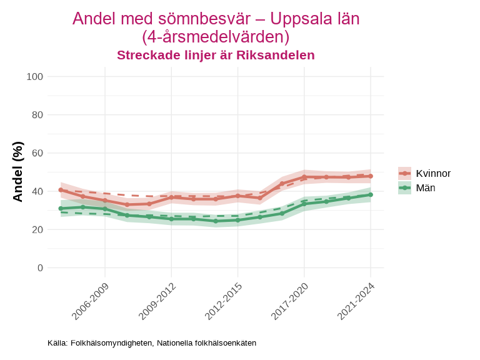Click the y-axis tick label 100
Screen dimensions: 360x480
pyautogui.click(x=35, y=77)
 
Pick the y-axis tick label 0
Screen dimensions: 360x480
pyautogui.click(x=40, y=267)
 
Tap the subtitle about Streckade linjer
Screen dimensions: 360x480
pyautogui.click(x=216, y=55)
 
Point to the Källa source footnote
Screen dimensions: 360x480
pyautogui.click(x=152, y=343)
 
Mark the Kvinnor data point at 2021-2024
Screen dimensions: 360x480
pyautogui.click(x=371, y=176)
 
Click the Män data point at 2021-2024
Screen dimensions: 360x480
pyautogui.click(x=371, y=195)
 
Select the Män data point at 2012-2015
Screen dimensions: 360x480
pyautogui.click(x=237, y=220)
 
